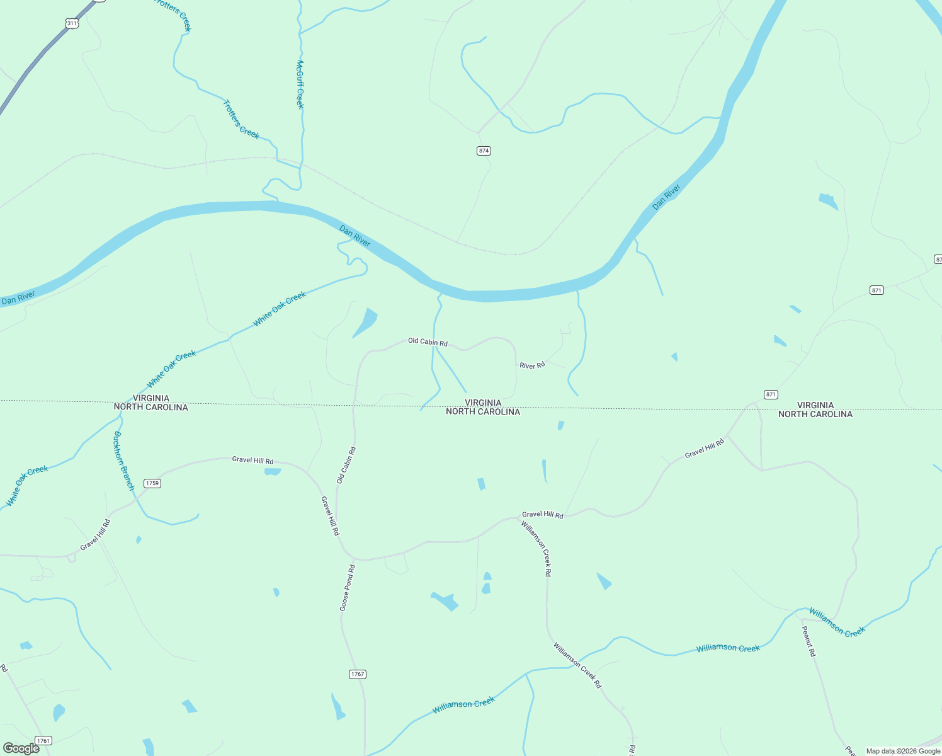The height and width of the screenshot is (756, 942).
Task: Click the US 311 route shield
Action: (x=72, y=23)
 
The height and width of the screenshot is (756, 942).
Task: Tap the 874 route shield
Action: (x=484, y=151)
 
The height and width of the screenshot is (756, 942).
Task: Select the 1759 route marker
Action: (x=152, y=483)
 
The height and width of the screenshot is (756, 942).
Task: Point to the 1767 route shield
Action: (x=357, y=674)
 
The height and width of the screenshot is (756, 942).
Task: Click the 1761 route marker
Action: (x=43, y=740)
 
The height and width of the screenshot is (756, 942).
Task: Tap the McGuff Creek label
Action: (x=300, y=84)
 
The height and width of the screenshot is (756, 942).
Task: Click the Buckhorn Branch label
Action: (x=124, y=461)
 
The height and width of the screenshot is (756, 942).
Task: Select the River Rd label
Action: (x=532, y=365)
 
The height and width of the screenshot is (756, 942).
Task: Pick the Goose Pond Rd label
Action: (x=348, y=588)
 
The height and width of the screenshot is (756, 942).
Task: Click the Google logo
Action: (x=21, y=748)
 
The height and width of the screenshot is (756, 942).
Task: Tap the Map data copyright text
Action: (x=903, y=751)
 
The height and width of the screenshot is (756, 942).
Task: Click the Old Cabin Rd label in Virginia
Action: (x=428, y=342)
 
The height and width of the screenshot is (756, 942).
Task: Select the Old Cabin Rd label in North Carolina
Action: (x=346, y=465)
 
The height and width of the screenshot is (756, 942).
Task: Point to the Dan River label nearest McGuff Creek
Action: (x=355, y=236)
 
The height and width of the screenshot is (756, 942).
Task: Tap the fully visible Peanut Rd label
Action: (x=809, y=641)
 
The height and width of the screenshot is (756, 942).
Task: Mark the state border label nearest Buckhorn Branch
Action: (x=151, y=403)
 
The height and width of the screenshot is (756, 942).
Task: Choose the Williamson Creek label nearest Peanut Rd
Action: (x=837, y=622)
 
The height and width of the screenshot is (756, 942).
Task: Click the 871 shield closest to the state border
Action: (x=771, y=394)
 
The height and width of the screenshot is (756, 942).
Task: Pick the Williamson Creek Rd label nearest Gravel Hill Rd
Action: (x=536, y=549)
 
